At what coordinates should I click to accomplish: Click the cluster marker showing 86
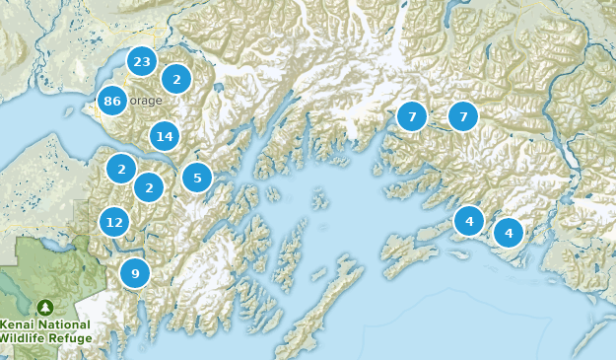[x=111, y=101]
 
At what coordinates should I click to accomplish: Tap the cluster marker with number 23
[x=142, y=62]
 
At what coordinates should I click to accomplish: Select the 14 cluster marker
[x=164, y=136]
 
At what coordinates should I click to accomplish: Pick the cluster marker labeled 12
[x=114, y=222]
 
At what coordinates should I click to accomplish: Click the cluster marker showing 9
[x=135, y=273]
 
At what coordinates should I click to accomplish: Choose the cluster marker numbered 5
[x=197, y=178]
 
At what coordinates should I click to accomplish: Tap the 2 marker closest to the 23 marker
[x=176, y=79]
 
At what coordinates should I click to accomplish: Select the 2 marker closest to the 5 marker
[x=149, y=185]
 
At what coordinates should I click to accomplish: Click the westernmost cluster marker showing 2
[x=120, y=169]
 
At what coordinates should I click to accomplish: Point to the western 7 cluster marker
[x=412, y=116]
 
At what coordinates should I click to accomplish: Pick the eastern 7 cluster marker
[x=463, y=116]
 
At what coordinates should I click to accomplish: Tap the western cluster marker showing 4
[x=469, y=220]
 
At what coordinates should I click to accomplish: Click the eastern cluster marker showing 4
[x=509, y=233]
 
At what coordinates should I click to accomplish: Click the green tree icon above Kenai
[x=44, y=308]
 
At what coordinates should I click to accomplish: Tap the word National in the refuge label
[x=65, y=324]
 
